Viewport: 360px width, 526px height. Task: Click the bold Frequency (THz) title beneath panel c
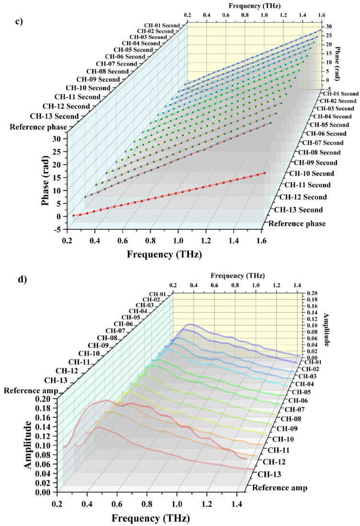point(164,254)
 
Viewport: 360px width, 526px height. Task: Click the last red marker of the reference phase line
point(264,173)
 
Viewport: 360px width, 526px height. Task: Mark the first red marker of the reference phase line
point(73,215)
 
